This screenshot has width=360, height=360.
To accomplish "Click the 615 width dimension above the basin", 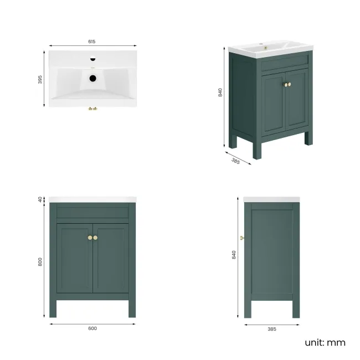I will [x=92, y=41].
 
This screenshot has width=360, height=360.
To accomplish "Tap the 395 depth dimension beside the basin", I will [x=40, y=80].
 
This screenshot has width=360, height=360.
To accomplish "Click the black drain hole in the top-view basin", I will [x=92, y=78].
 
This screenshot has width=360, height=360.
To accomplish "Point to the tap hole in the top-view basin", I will [x=92, y=59].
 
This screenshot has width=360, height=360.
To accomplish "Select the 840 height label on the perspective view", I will [x=220, y=93].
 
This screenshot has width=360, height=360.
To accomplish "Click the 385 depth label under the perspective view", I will [x=235, y=161].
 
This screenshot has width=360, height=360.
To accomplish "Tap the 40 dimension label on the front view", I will [x=40, y=199].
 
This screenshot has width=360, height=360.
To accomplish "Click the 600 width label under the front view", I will [x=92, y=328].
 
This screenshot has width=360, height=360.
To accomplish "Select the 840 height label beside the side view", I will [x=234, y=254].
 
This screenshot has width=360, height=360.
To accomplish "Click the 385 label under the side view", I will [x=271, y=329].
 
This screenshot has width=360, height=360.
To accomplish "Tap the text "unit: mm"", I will [x=325, y=342].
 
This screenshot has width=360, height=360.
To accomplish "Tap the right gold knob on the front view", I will [x=96, y=238].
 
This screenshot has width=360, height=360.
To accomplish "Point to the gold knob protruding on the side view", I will [x=242, y=238].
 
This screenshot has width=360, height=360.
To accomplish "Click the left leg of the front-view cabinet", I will [x=53, y=307].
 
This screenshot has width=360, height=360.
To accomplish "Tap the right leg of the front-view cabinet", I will [x=132, y=307].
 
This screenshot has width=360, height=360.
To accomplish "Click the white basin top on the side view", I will [x=271, y=199].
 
